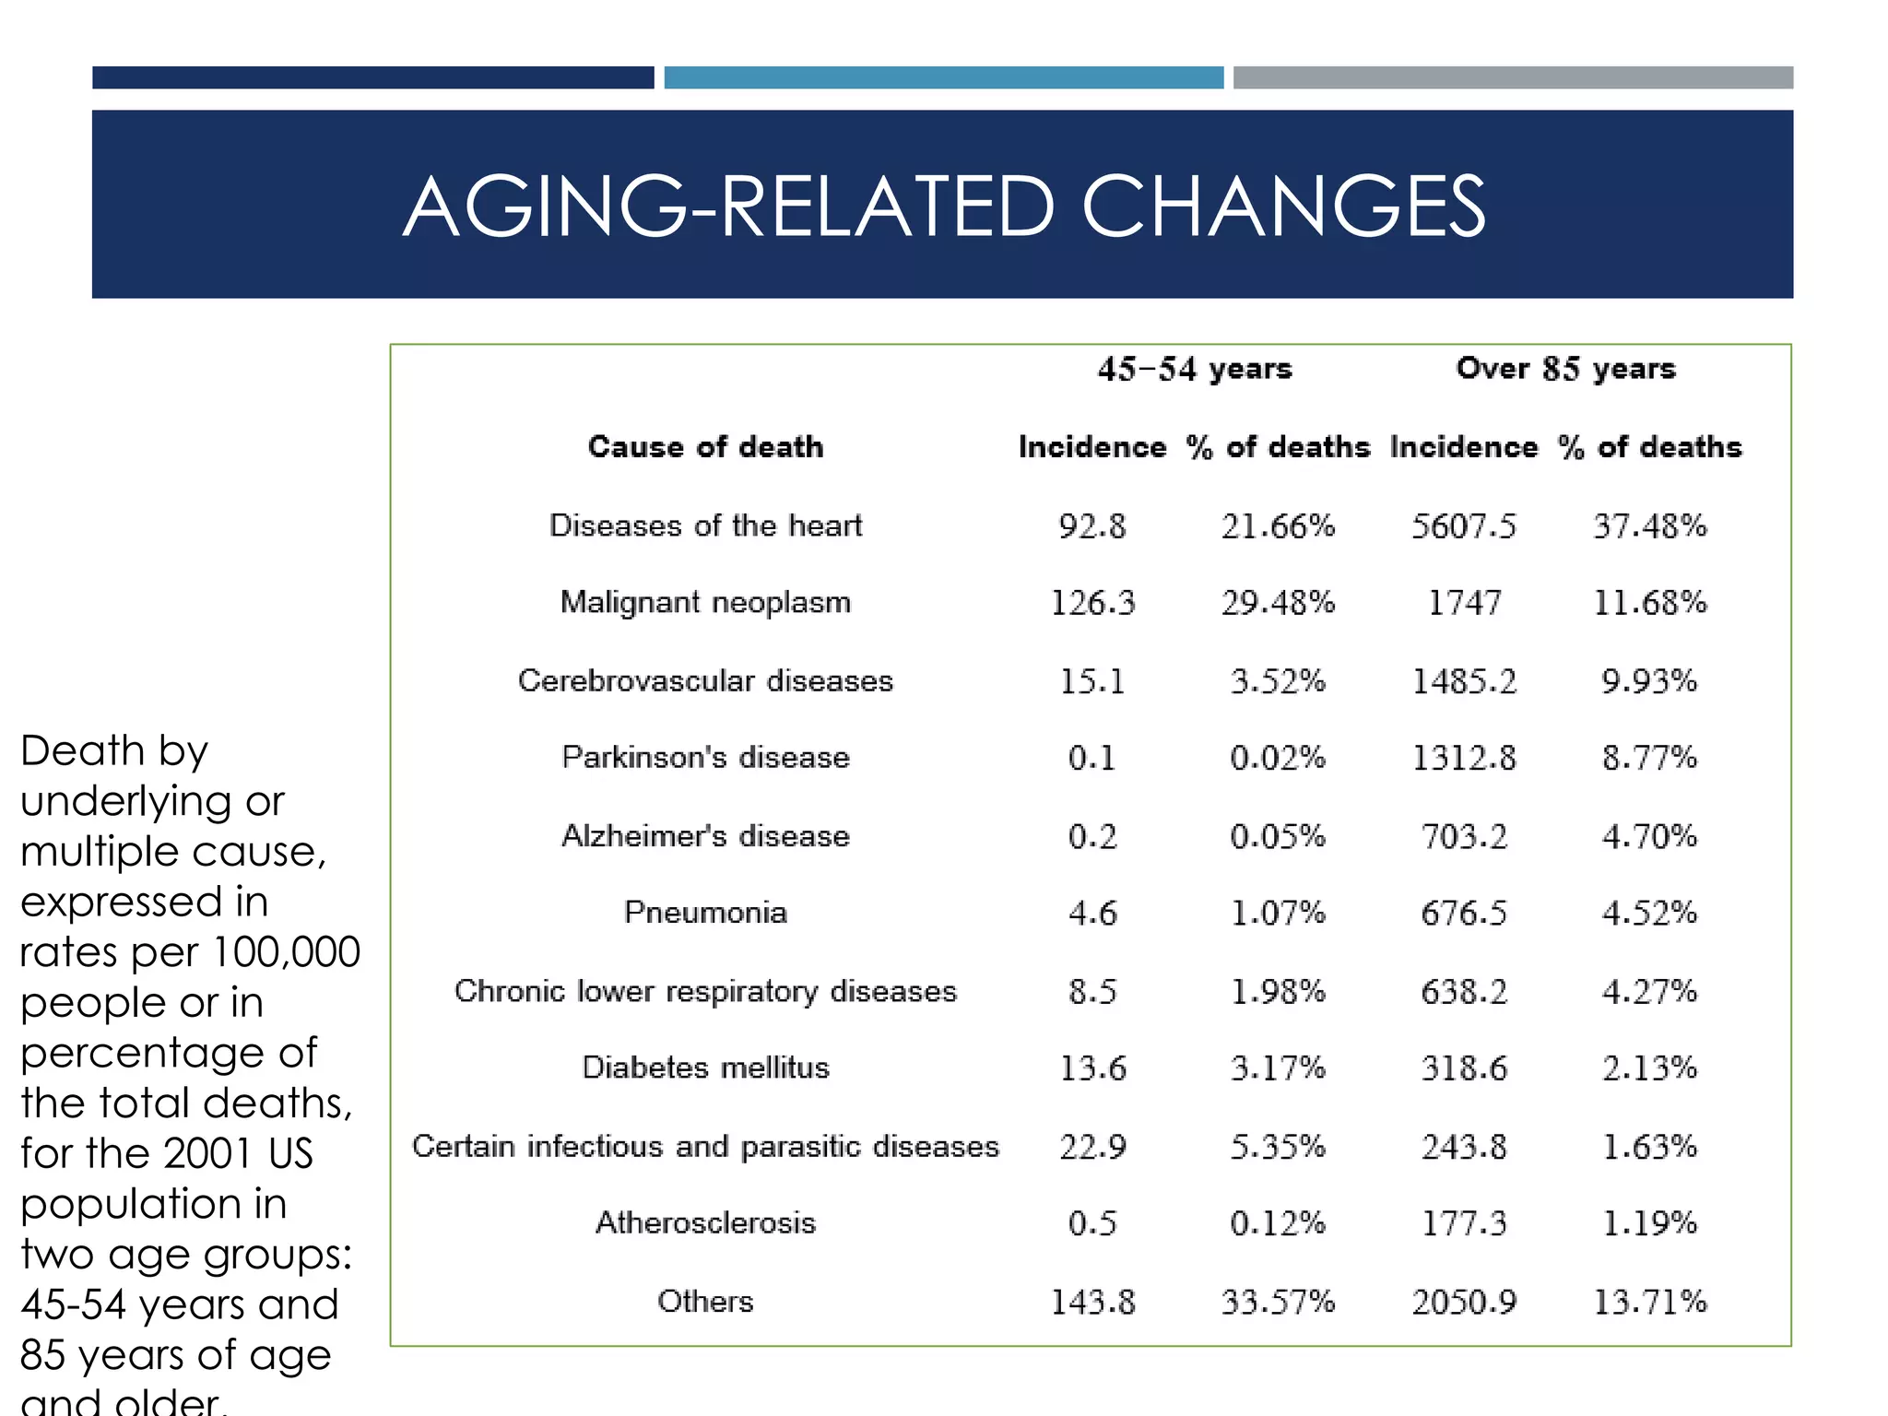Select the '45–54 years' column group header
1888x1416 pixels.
click(x=1195, y=369)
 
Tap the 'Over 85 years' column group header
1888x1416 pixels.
click(x=1565, y=369)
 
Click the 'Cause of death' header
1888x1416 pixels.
click(x=705, y=447)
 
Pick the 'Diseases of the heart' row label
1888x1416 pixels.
click(x=705, y=525)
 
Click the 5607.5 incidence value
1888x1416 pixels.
click(x=1463, y=526)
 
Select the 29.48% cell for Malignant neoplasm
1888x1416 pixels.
click(x=1278, y=603)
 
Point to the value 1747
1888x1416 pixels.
click(x=1464, y=603)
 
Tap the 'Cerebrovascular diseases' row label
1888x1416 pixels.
click(x=705, y=680)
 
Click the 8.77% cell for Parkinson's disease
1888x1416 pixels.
click(x=1649, y=758)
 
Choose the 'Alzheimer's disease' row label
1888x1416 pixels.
click(x=705, y=836)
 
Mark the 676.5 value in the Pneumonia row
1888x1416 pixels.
click(x=1463, y=914)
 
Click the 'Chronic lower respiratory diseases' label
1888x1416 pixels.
click(x=705, y=991)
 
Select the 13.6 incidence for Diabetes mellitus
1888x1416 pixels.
click(x=1092, y=1068)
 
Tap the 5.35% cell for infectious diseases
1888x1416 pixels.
click(x=1278, y=1147)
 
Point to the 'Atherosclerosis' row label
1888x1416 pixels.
click(x=705, y=1223)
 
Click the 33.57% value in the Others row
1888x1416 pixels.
click(x=1278, y=1302)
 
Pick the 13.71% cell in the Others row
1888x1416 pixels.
click(x=1649, y=1302)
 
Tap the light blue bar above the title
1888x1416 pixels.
click(x=943, y=77)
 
